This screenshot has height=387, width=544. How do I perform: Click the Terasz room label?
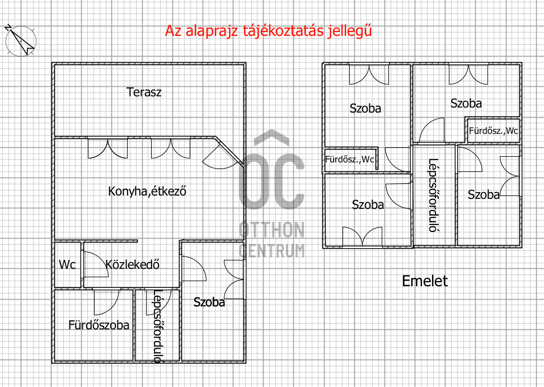coord(144,92)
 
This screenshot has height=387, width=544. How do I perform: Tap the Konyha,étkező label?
coord(147,191)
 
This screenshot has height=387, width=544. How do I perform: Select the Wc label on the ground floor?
coord(67,264)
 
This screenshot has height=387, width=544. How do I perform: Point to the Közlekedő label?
coord(133,264)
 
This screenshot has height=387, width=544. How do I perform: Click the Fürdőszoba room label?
coord(99,325)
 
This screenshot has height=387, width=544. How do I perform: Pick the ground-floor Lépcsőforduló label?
coord(157,325)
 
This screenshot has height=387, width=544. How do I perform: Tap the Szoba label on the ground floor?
coord(209,302)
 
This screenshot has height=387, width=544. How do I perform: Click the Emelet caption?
coord(425,281)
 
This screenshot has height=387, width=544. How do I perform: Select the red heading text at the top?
coord(268,31)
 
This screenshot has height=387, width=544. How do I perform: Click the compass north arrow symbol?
coord(20,40)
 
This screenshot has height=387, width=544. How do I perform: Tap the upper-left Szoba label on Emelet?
coord(365,109)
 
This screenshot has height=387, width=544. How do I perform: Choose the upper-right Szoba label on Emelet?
coord(466,104)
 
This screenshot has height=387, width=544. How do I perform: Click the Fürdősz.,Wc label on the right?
coord(493,132)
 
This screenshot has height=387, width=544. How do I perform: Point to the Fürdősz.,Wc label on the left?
coord(350,160)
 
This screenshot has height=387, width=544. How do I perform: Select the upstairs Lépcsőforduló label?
coord(433,195)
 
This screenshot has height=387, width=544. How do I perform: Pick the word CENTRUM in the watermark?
coord(272,249)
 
